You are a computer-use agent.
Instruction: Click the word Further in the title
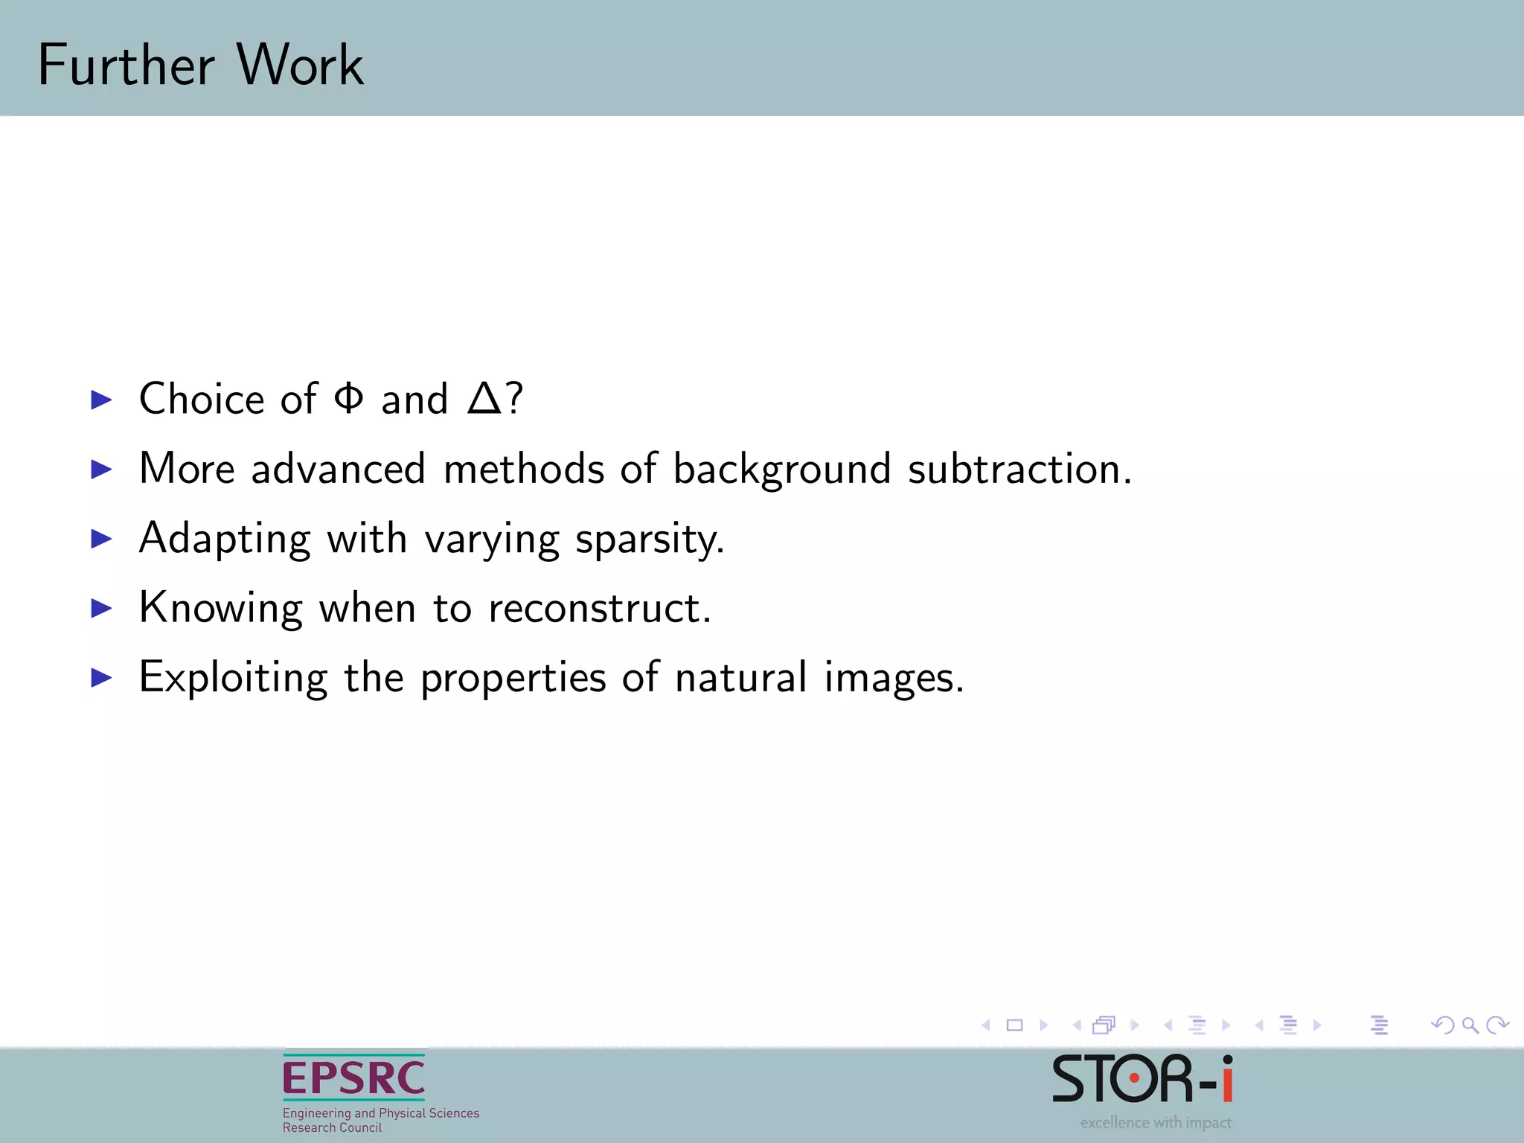pos(127,65)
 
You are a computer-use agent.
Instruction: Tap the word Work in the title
pos(300,65)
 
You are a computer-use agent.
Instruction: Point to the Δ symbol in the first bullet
pos(484,399)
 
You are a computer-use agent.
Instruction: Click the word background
pos(781,470)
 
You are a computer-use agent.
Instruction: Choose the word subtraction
pos(1019,469)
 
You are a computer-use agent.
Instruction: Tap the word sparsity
pos(649,540)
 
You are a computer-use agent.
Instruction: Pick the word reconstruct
pos(599,608)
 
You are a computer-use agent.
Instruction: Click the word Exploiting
pos(233,678)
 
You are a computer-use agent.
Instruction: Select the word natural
pos(740,677)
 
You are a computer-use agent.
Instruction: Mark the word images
pos(893,679)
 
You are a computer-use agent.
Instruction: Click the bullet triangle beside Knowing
pos(101,609)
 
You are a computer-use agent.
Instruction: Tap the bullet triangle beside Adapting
pos(101,539)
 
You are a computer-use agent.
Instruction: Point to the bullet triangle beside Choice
pos(101,400)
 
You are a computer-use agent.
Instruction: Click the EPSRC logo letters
pos(353,1078)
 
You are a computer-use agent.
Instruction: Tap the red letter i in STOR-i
pos(1226,1079)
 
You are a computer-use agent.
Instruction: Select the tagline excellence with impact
pos(1155,1122)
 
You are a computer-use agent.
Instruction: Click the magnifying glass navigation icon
pos(1470,1025)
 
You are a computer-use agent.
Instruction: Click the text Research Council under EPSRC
pos(332,1127)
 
